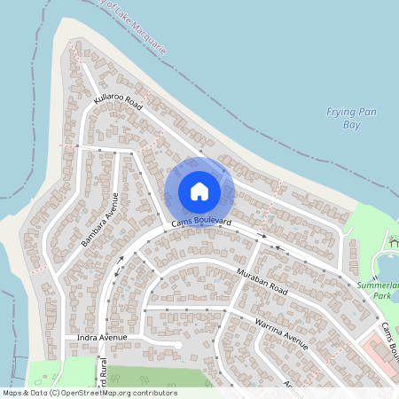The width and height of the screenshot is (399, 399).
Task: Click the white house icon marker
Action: [x=199, y=191]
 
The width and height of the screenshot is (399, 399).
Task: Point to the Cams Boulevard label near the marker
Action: [x=202, y=221]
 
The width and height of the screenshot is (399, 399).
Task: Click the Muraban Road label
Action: [x=262, y=282]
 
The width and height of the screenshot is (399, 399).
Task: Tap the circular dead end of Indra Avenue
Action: [x=178, y=345]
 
